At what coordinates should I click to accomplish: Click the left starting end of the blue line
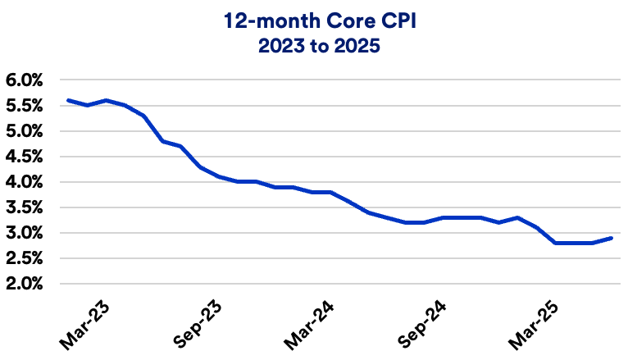tap(68, 100)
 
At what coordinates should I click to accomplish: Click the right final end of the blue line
tap(612, 238)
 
